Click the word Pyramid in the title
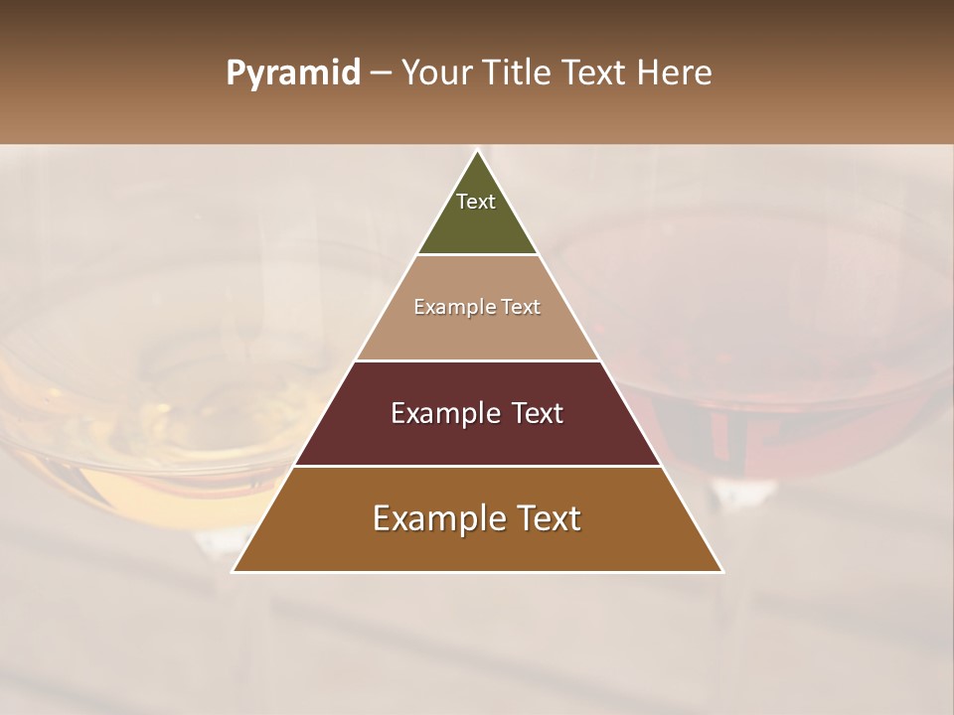click(x=292, y=73)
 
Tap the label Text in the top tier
click(x=476, y=202)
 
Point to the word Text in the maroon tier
click(x=537, y=413)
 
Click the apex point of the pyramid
click(x=478, y=152)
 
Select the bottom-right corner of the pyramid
click(x=721, y=571)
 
